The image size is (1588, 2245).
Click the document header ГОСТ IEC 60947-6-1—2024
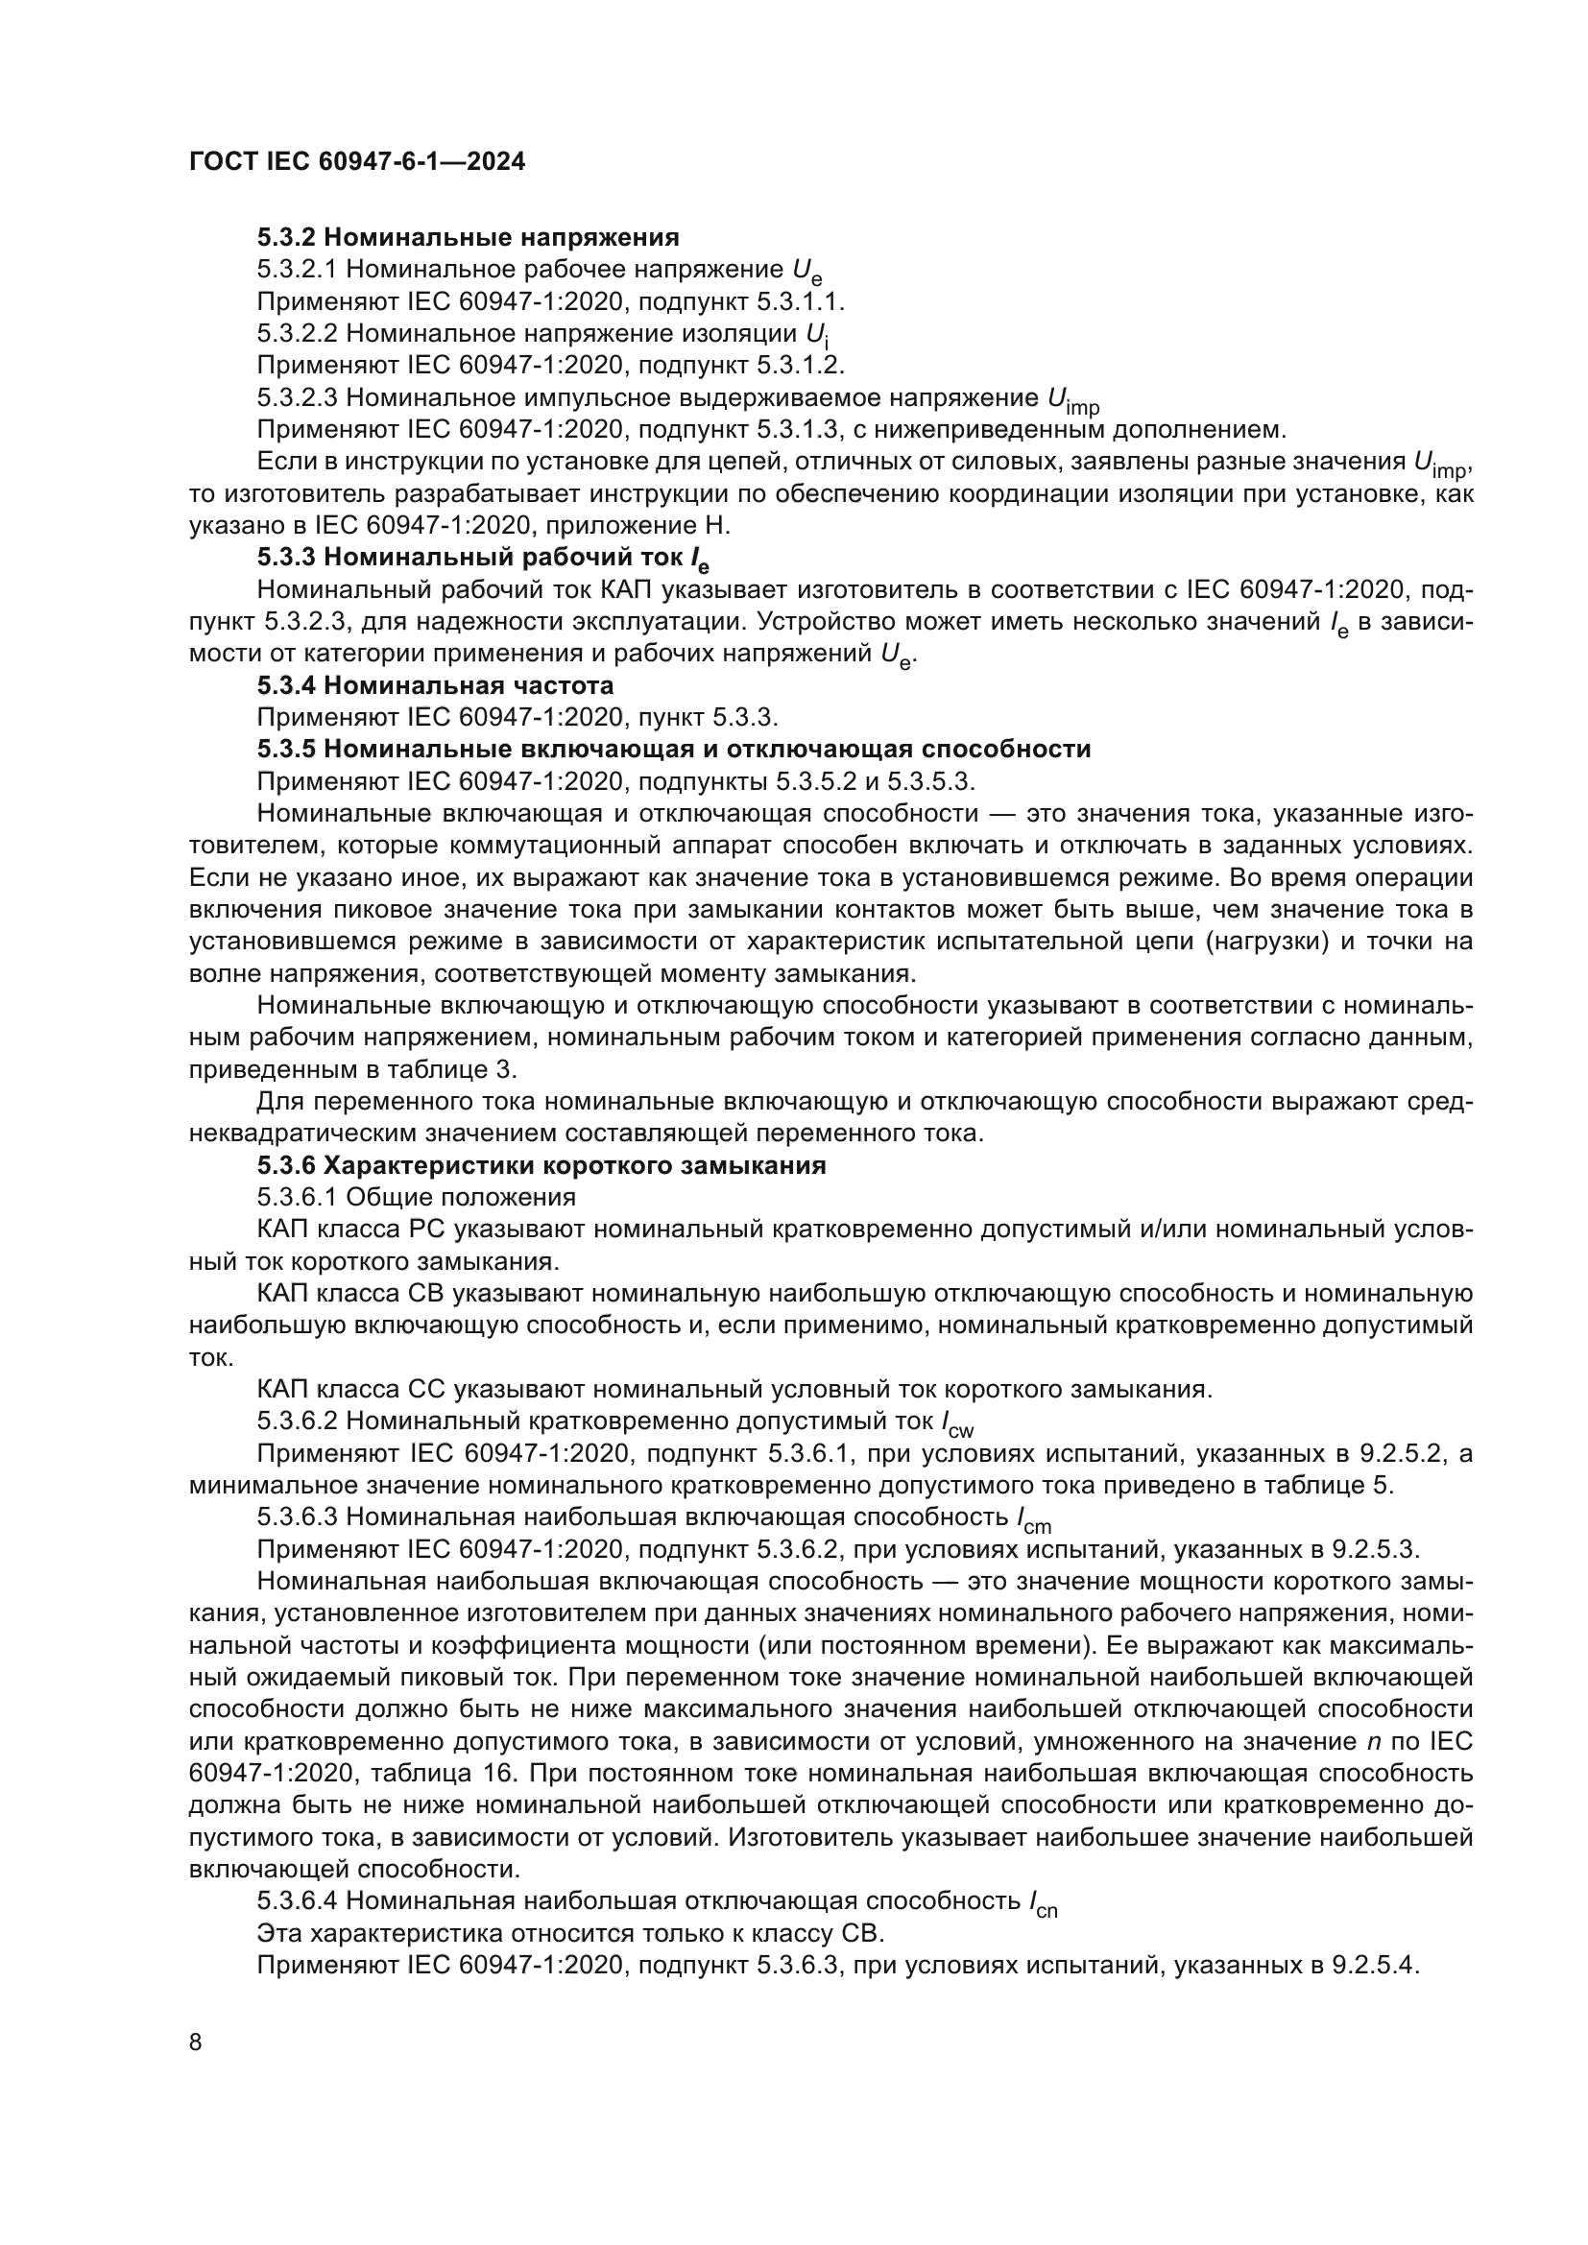tap(357, 162)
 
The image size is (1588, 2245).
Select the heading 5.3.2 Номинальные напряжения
tap(469, 238)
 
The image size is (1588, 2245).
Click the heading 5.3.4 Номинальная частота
tap(435, 685)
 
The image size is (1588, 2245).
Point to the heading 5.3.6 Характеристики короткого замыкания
tap(541, 1165)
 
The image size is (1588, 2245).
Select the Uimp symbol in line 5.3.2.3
tap(1072, 401)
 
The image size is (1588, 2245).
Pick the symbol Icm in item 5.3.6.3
tap(1034, 1519)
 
